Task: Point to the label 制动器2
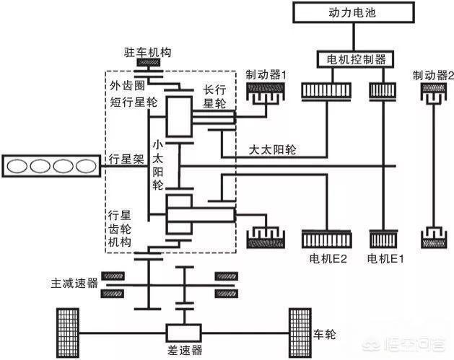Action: coord(431,74)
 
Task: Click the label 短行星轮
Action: coord(129,102)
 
